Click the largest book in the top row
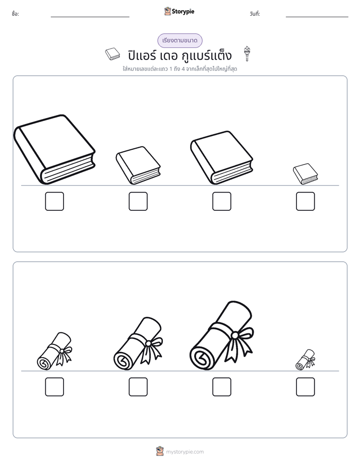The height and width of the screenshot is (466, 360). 54,149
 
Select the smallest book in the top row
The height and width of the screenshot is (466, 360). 306,174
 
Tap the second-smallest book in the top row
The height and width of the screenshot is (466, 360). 138,165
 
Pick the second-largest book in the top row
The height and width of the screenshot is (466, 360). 221,157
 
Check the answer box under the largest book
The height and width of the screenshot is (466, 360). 54,201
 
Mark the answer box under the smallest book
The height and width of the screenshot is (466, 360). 306,201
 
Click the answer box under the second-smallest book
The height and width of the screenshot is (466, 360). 138,201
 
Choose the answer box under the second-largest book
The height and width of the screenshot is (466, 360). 221,201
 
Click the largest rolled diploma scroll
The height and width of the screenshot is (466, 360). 221,336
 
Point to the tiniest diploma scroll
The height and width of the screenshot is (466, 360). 306,360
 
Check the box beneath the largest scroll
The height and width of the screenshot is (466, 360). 221,387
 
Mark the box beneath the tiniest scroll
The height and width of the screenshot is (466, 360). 306,387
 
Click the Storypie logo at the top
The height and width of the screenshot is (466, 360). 179,11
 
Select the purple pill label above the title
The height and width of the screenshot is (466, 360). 179,40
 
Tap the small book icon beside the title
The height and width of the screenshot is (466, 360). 112,54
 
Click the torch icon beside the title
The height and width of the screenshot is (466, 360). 247,54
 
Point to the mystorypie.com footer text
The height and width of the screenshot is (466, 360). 185,452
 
